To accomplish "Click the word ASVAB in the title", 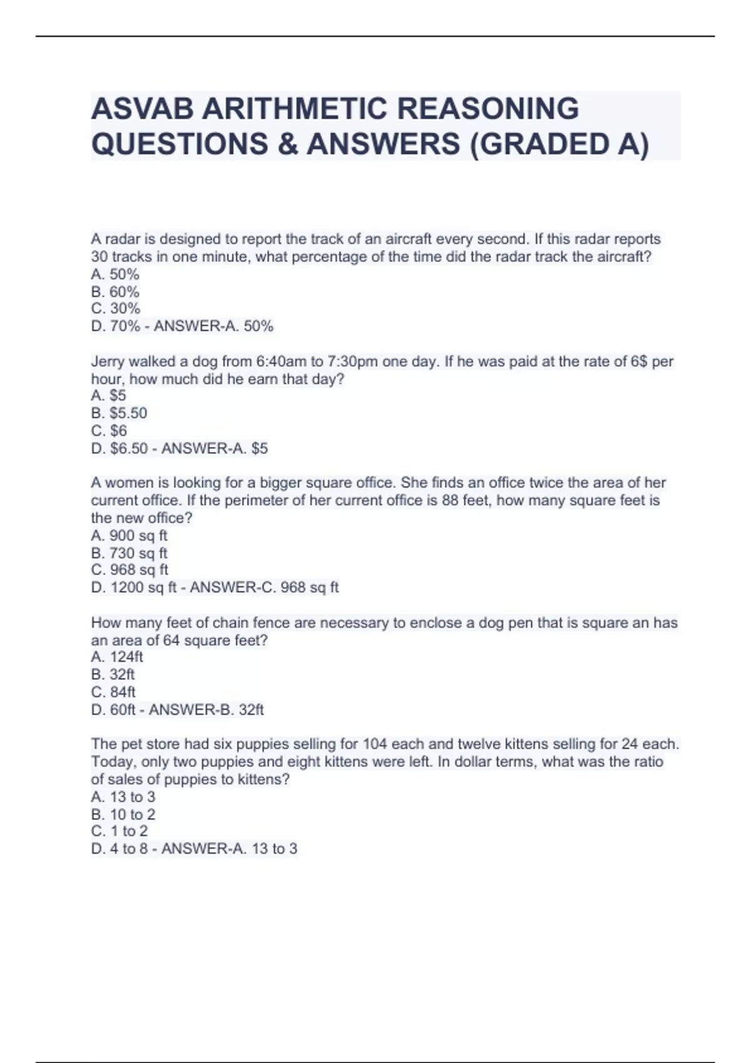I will coord(142,109).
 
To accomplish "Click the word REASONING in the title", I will coord(488,109).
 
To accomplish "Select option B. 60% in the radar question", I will coord(115,292).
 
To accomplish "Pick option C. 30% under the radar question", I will coord(115,309).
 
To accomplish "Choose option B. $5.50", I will coord(119,413).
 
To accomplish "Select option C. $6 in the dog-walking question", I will coord(109,431).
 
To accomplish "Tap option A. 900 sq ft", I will coord(129,536).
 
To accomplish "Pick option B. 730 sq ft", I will coord(129,553).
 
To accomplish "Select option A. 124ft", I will coord(117,657).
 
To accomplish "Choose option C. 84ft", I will coord(113,692).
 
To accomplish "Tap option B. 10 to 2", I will coord(123,815).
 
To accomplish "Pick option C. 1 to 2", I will coord(120,832).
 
